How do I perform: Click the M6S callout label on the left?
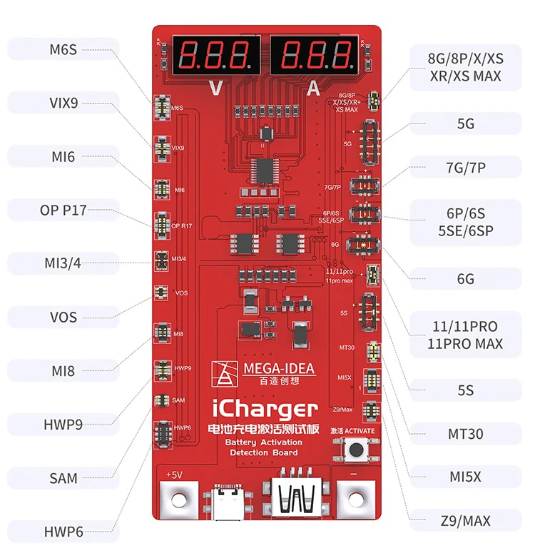pyautogui.click(x=63, y=49)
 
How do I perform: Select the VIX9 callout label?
pyautogui.click(x=63, y=102)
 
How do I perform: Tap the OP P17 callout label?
pyautogui.click(x=63, y=210)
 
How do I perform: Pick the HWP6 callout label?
pyautogui.click(x=63, y=532)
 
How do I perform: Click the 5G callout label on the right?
pyautogui.click(x=465, y=124)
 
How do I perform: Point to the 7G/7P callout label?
pyautogui.click(x=465, y=168)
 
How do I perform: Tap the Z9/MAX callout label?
pyautogui.click(x=465, y=521)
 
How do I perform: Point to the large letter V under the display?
pyautogui.click(x=214, y=88)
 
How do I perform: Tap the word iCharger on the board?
pyautogui.click(x=265, y=410)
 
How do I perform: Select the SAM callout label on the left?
pyautogui.click(x=63, y=478)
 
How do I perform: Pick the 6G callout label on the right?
pyautogui.click(x=465, y=278)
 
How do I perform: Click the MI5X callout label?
pyautogui.click(x=465, y=477)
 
